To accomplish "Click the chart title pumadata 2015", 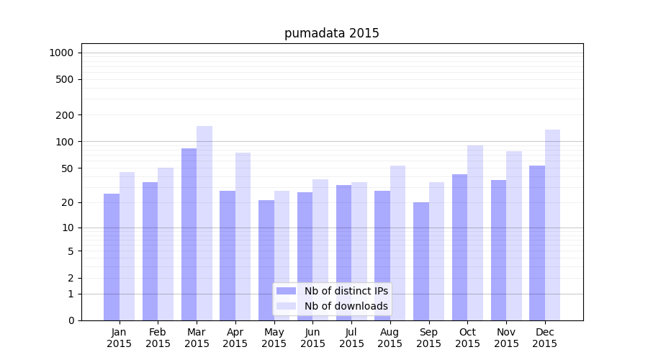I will [331, 33].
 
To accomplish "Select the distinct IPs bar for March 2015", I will [189, 234].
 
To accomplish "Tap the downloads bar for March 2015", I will [204, 223].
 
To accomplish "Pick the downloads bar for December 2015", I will [552, 225].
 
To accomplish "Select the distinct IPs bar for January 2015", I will [112, 257].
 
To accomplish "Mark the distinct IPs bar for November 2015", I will [498, 250].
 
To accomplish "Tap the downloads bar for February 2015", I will [166, 244].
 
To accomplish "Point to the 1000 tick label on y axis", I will [61, 53].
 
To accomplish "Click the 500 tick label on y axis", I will [65, 79].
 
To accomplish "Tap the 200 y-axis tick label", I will [65, 114].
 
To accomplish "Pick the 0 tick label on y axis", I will [71, 320].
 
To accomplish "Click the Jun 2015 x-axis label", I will [312, 338].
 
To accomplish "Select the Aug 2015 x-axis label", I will [390, 338].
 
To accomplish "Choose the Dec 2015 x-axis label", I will [545, 338].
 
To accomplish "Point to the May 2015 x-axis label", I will [274, 338].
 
